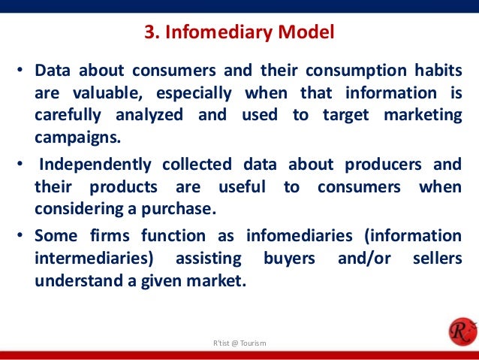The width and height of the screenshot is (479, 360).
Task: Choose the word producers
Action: pyautogui.click(x=385, y=165)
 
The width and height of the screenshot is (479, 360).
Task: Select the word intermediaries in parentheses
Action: pyautogui.click(x=92, y=258)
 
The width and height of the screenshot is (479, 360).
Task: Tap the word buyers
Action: pyautogui.click(x=290, y=258)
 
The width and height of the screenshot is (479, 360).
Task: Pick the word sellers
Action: pyautogui.click(x=437, y=258)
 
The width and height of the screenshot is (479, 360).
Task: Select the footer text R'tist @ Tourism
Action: pyautogui.click(x=239, y=343)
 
